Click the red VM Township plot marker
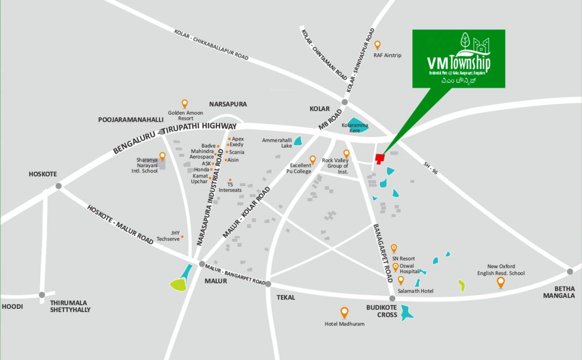380,159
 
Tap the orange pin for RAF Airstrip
377,45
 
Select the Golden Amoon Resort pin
185,103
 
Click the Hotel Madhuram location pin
344,312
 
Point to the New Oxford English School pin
500,282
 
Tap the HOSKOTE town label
43,174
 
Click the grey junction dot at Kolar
345,102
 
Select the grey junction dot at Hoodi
42,295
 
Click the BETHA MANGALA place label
559,292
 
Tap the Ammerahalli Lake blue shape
298,141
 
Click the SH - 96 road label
430,168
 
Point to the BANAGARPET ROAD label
383,253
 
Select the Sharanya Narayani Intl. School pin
162,156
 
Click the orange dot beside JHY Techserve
182,236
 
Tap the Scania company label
237,152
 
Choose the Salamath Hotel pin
401,280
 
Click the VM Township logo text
458,62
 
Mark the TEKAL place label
286,297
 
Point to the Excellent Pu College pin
313,159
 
